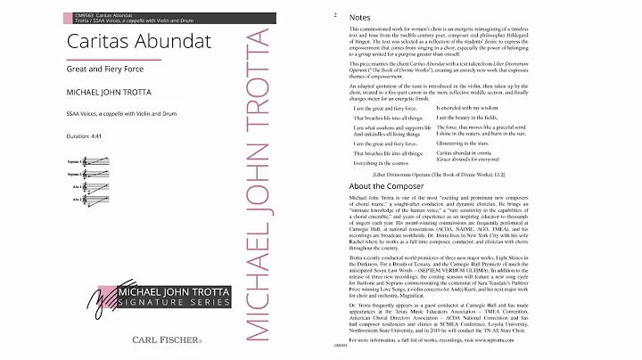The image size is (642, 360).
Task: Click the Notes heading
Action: click(x=361, y=17)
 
